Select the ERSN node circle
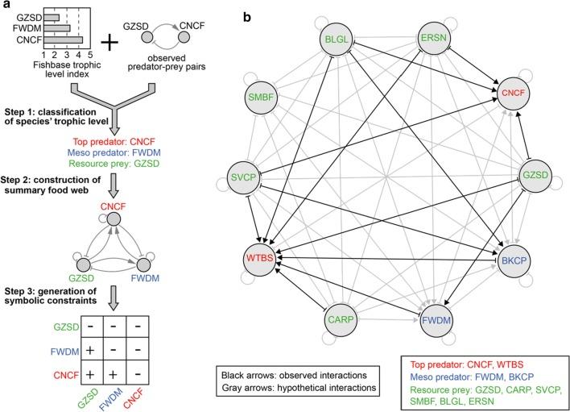(436, 38)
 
